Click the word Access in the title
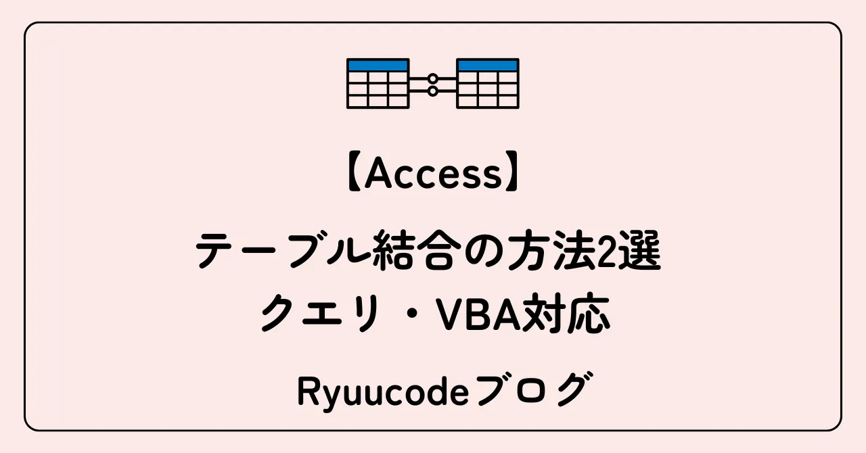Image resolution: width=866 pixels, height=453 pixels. tap(434, 175)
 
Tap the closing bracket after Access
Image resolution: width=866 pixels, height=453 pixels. tap(516, 176)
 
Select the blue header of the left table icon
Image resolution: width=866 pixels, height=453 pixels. tap(378, 66)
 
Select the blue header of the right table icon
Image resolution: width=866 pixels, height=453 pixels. tap(488, 66)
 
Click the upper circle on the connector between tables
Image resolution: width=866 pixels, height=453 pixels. tap(433, 79)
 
